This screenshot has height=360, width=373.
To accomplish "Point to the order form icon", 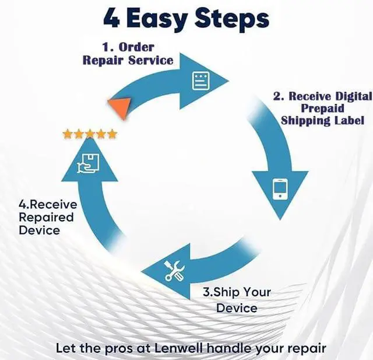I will (x=200, y=81).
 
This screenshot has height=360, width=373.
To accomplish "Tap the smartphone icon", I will (x=280, y=188).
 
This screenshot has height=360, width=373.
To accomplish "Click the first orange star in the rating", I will (x=68, y=134).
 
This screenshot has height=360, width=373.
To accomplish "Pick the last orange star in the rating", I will (x=112, y=134).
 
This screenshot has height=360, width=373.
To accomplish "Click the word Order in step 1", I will (x=137, y=47).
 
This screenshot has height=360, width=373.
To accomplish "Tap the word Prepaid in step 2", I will (x=322, y=108).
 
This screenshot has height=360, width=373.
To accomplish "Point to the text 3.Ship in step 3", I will (x=220, y=292).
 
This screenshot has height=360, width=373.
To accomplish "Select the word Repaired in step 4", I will (x=47, y=217).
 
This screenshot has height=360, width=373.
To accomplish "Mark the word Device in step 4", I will (x=40, y=230).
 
